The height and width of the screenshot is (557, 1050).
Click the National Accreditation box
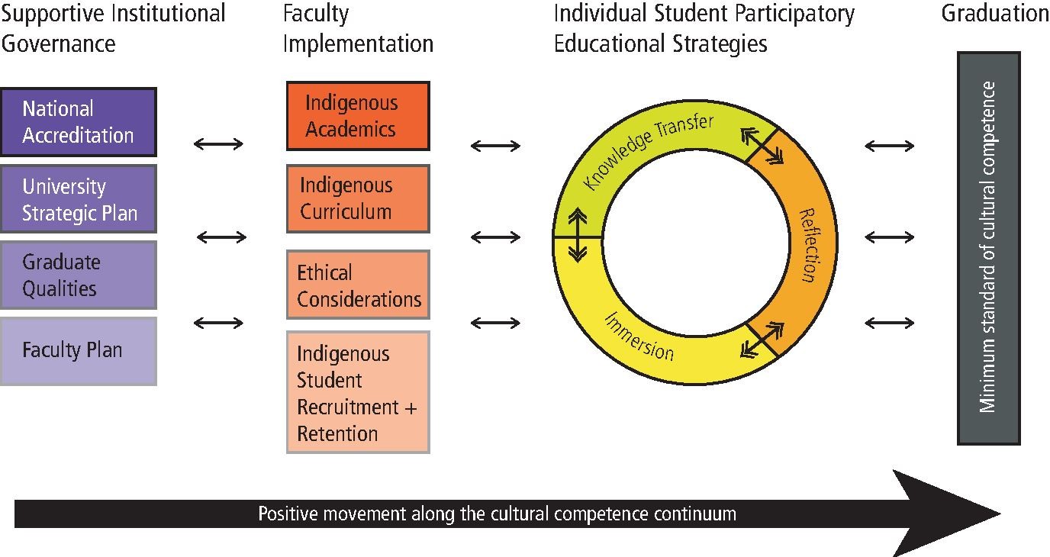point(78,122)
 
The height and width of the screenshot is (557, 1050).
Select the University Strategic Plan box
point(78,198)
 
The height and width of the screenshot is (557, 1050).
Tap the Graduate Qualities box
point(78,275)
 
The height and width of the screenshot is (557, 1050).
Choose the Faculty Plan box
point(78,351)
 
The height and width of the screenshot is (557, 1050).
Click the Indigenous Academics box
point(358,116)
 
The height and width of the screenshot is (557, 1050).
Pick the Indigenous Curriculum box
point(358,198)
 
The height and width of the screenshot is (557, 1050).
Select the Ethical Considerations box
point(358,285)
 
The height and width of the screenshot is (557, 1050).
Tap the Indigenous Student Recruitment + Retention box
point(358,392)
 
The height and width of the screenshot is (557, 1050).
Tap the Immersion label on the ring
point(639,336)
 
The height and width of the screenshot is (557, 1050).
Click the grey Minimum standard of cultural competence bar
point(988,248)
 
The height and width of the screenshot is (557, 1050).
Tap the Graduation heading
point(995,14)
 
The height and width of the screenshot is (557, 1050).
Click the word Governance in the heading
point(59,43)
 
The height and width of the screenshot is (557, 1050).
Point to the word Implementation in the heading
point(358,43)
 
